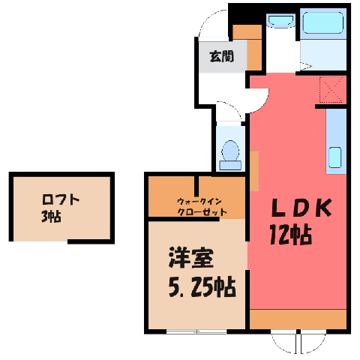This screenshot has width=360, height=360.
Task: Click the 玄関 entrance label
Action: [x=221, y=56]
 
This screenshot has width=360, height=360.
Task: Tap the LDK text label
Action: [x=301, y=207]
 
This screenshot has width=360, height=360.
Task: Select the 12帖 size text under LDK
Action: [x=291, y=235]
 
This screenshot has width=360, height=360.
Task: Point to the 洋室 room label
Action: [x=191, y=258]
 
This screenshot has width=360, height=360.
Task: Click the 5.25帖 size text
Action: [x=202, y=286]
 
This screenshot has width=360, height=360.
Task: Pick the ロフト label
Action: [x=61, y=199]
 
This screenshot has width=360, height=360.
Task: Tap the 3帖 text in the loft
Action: [x=51, y=216]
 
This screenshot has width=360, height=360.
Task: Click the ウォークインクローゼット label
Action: [x=202, y=207]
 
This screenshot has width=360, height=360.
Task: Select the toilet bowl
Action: [x=230, y=155]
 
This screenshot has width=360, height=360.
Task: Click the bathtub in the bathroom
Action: [x=322, y=22]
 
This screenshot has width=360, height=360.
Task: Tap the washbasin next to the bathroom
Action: [x=280, y=20]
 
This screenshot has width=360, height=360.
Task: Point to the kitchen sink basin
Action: [x=334, y=157]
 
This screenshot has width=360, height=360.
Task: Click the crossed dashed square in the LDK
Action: [x=331, y=90]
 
